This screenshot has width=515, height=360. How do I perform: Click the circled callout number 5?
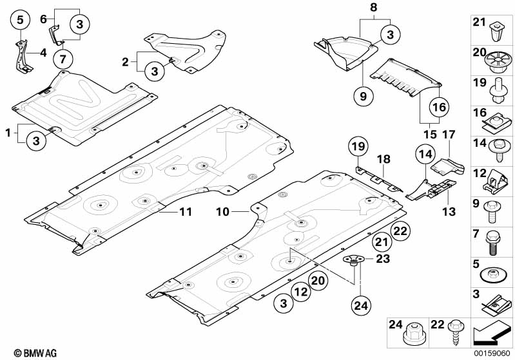[x=20, y=20]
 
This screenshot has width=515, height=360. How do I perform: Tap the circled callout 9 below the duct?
[x=363, y=97]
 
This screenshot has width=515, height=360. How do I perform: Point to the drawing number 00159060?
[x=492, y=353]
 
